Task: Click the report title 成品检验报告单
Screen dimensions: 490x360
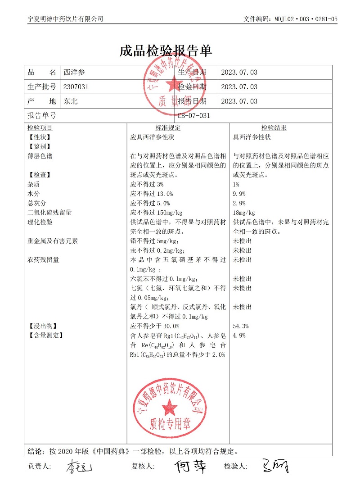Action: (x=166, y=51)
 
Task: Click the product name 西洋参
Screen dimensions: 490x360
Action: (x=74, y=73)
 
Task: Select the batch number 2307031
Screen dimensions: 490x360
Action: (x=76, y=87)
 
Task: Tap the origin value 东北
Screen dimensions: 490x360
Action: (x=71, y=101)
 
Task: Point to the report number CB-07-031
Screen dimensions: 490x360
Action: (x=193, y=116)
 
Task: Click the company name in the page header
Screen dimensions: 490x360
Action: (x=65, y=19)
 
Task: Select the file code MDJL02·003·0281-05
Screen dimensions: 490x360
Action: (x=306, y=19)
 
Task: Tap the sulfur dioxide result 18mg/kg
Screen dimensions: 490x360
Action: (x=244, y=213)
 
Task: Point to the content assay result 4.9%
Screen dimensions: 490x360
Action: (x=239, y=336)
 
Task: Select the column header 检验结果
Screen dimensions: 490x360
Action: (x=274, y=128)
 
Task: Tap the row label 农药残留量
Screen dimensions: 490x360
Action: (x=43, y=260)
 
